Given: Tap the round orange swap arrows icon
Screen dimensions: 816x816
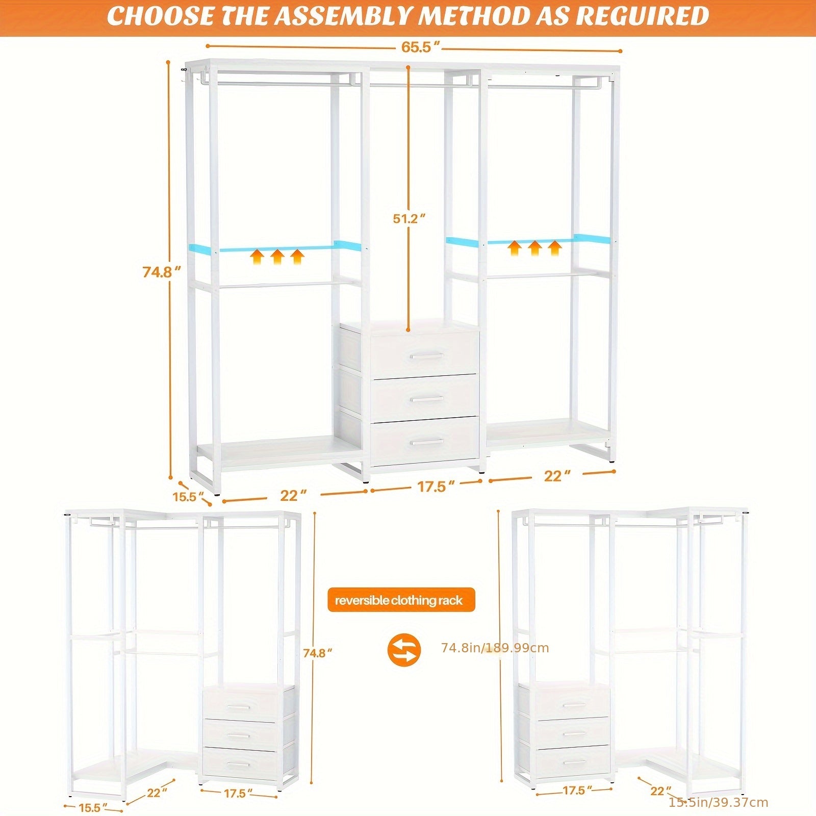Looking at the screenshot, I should [404, 649].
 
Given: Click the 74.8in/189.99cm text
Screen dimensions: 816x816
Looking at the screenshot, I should [495, 648].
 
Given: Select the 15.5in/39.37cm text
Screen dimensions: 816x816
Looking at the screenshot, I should [718, 802].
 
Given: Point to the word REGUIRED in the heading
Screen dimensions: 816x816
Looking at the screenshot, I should [643, 16].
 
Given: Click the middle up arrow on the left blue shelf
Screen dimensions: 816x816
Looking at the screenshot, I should [277, 257].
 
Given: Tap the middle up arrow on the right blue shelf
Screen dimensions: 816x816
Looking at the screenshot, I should [534, 248].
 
